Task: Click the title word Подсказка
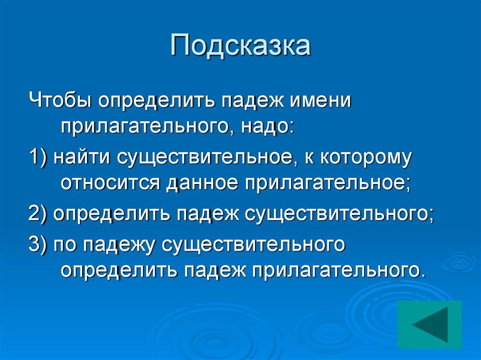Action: tap(240, 46)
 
